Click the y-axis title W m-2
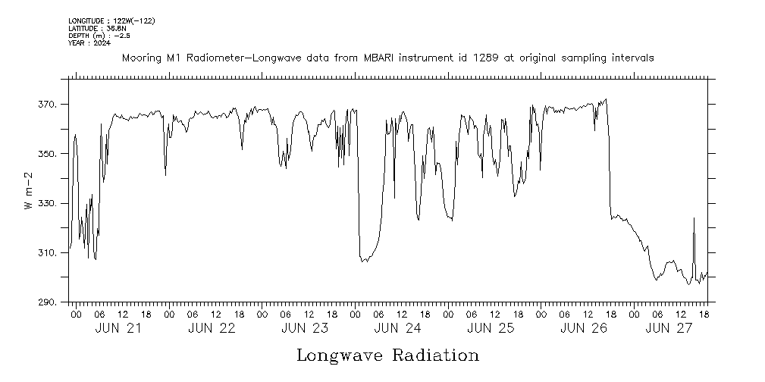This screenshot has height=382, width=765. pyautogui.click(x=29, y=191)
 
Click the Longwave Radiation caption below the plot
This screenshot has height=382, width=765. pyautogui.click(x=387, y=355)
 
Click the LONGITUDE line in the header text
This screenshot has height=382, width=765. pyautogui.click(x=111, y=20)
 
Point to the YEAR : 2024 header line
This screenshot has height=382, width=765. pyautogui.click(x=89, y=42)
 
